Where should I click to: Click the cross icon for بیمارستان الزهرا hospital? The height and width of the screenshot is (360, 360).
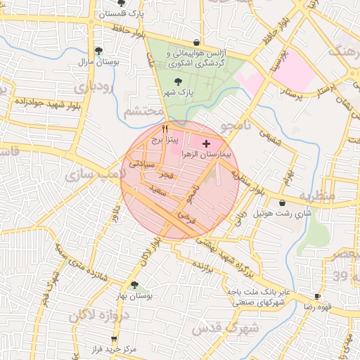(x=205, y=143)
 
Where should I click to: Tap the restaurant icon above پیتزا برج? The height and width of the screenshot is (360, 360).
(x=165, y=129)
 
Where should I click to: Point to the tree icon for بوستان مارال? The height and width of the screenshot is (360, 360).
(x=98, y=51)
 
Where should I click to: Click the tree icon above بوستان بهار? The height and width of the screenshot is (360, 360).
(x=134, y=285)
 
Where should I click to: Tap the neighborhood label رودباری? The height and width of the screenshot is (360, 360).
(x=94, y=88)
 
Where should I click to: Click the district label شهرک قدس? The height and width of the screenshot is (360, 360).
(x=226, y=327)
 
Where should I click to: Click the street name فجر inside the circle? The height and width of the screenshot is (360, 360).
(x=165, y=172)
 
